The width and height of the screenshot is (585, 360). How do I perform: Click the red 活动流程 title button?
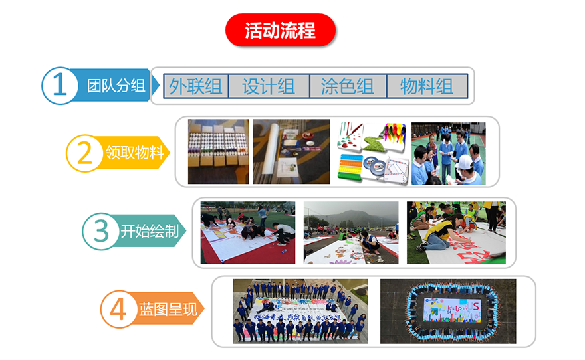(280, 31)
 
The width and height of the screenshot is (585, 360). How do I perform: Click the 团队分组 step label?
(116, 86)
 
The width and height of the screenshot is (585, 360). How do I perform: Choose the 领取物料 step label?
(135, 153)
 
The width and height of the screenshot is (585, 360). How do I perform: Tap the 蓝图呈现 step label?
(168, 310)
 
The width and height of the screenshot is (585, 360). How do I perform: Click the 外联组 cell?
(196, 86)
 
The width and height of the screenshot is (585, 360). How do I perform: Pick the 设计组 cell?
(269, 86)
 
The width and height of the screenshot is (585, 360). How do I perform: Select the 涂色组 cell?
(348, 86)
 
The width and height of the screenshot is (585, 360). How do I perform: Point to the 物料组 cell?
(427, 86)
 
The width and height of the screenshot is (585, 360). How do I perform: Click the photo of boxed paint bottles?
(218, 151)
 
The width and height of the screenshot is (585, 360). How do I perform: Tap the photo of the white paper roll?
(291, 151)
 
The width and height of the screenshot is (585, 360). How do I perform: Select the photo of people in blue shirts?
(448, 153)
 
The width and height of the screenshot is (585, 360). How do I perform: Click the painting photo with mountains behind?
(351, 232)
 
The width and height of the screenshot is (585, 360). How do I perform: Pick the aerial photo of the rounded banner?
(447, 311)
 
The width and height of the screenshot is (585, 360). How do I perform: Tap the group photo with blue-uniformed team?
(300, 311)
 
